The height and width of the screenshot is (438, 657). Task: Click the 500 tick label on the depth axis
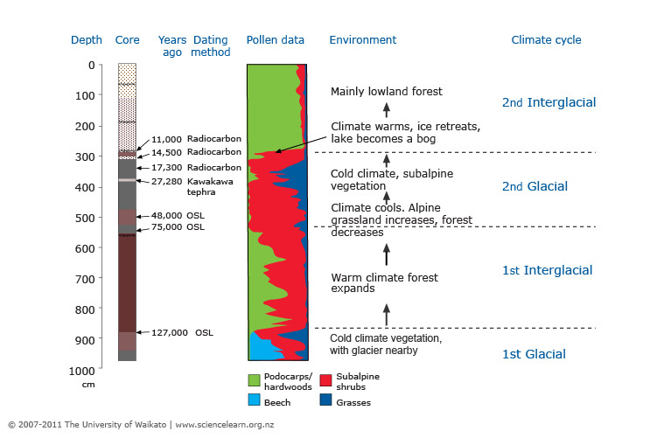point(85,218)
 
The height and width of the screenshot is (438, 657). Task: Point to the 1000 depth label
point(81,371)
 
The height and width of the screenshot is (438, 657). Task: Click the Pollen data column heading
point(276,40)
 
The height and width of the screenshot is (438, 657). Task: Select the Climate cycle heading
point(546,40)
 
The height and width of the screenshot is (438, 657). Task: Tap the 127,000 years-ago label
point(169,332)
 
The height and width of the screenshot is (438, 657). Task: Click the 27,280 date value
point(167,181)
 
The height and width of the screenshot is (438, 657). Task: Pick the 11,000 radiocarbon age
point(166,139)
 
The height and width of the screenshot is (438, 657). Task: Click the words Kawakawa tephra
point(210,187)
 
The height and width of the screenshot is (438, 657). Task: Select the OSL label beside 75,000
point(195,227)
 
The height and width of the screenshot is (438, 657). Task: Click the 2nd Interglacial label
point(549,102)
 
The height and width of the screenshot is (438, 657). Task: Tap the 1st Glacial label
point(534,354)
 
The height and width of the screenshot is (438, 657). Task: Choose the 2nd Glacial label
point(535,186)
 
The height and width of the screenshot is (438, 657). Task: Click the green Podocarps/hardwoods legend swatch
point(255,380)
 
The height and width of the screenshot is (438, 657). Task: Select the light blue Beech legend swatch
point(255,400)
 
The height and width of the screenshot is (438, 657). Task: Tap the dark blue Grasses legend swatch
point(325,400)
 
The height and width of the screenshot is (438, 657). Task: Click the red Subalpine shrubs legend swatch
point(325,380)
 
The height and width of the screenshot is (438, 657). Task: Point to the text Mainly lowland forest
point(387,91)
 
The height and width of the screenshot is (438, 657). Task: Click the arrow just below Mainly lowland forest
point(387,110)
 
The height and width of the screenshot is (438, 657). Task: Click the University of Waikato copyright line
point(141,425)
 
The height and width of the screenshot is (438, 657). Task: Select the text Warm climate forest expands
point(384,282)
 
